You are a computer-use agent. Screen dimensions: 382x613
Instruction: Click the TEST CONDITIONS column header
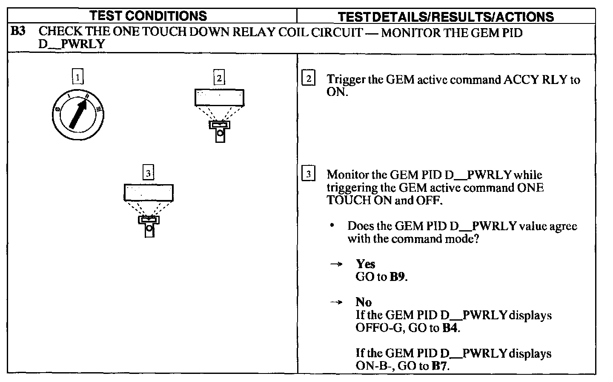point(149,16)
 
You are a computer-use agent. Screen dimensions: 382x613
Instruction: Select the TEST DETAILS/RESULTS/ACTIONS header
point(445,17)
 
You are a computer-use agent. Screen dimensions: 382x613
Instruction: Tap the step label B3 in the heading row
point(18,32)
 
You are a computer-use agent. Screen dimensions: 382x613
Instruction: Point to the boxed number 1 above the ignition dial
point(78,77)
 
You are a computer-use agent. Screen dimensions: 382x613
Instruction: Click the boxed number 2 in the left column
point(219,78)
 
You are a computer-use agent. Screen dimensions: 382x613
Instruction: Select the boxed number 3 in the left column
point(148,173)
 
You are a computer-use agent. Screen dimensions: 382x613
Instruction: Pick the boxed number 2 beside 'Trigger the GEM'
point(308,79)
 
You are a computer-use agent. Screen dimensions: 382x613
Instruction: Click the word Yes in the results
point(365,264)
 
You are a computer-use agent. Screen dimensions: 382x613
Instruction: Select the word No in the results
point(364,302)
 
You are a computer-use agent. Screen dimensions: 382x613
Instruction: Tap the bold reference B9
point(397,277)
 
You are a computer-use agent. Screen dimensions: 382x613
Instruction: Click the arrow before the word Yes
point(336,264)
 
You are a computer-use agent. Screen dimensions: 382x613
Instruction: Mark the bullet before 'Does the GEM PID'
point(332,226)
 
